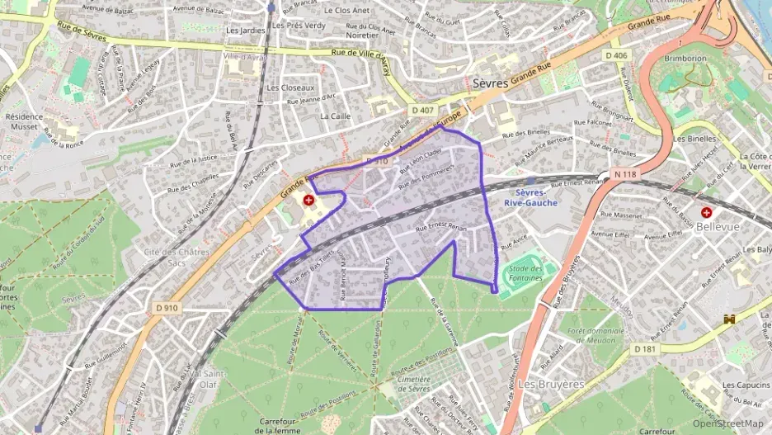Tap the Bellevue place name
click(x=739, y=225)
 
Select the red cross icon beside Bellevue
click(x=707, y=212)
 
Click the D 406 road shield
click(x=616, y=55)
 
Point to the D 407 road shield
click(x=421, y=109)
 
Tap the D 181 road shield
click(x=646, y=349)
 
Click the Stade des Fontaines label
click(x=526, y=272)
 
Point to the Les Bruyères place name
click(x=551, y=384)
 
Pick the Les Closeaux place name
click(x=290, y=87)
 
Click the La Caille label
click(x=336, y=116)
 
